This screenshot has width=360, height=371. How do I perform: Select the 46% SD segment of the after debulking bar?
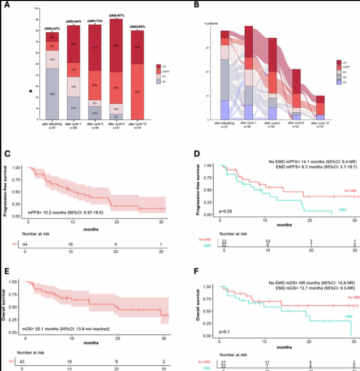52,94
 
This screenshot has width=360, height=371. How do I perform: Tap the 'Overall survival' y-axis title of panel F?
199,304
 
